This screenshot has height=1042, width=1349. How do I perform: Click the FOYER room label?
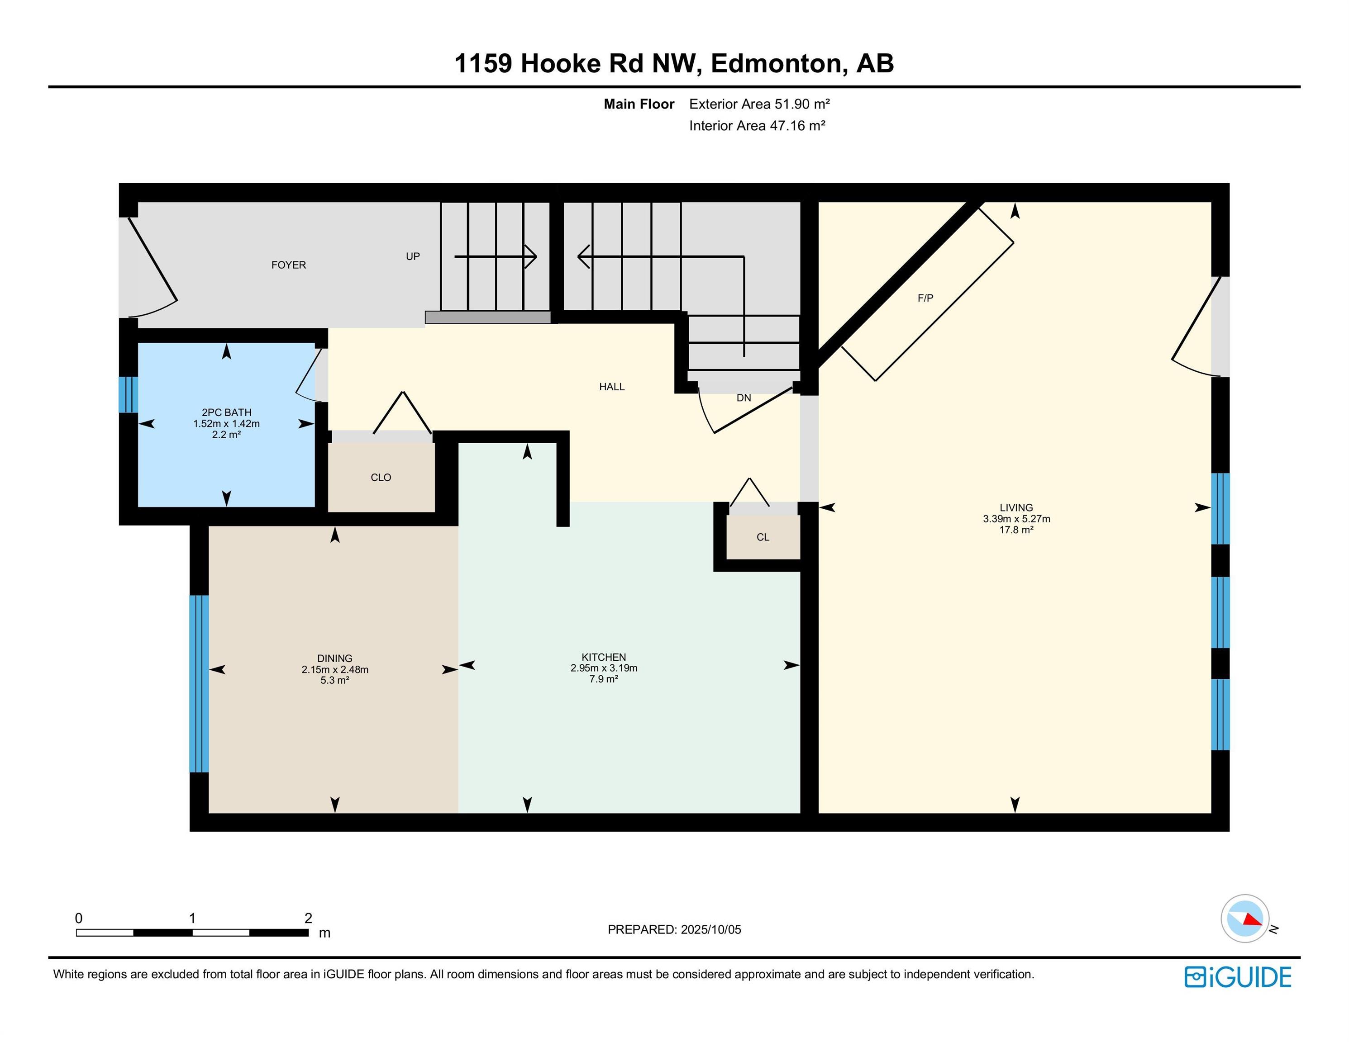tap(288, 265)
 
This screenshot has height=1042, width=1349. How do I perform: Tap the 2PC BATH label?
tap(226, 412)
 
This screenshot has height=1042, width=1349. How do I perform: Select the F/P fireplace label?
tap(925, 298)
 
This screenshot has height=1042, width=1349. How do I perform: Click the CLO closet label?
tap(381, 477)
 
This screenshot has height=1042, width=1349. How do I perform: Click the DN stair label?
tap(743, 398)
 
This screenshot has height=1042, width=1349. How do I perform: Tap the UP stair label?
tap(413, 256)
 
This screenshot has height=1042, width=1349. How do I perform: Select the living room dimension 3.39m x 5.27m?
tap(1016, 519)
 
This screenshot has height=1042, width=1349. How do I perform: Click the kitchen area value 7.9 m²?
tap(604, 679)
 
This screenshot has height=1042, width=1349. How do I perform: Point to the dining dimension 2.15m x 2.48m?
tap(335, 669)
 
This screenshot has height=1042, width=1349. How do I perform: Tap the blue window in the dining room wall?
tap(199, 683)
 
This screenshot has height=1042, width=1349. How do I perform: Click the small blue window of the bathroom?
tap(128, 394)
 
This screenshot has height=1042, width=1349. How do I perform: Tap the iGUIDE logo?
tap(1237, 977)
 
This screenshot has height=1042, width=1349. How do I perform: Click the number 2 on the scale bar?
tap(308, 918)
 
